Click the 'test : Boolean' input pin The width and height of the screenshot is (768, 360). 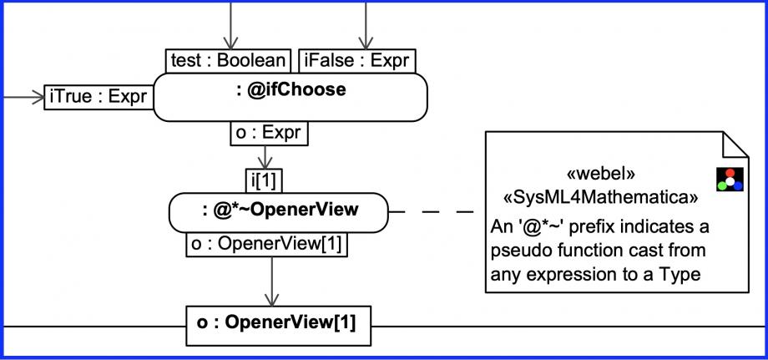(x=228, y=61)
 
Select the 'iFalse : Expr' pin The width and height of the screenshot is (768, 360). (x=357, y=61)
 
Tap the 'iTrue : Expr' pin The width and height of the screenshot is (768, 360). (x=99, y=97)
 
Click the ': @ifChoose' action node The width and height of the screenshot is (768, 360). (x=291, y=97)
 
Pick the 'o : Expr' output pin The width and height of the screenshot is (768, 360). (x=269, y=133)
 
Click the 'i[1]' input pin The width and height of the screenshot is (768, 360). (x=264, y=181)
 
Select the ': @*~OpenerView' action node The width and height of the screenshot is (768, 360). (x=278, y=212)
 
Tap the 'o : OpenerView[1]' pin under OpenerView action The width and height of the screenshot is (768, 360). (x=266, y=245)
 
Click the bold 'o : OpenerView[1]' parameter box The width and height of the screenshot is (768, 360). (x=278, y=326)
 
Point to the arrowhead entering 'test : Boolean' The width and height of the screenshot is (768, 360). (x=230, y=44)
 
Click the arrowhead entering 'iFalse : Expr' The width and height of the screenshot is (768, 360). (x=366, y=44)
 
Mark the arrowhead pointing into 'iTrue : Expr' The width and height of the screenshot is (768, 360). (x=38, y=97)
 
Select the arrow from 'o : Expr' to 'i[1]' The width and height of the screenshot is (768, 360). (x=265, y=157)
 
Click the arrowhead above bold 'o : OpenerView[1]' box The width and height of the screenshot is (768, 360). (x=271, y=300)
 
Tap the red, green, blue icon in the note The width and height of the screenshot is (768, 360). (x=730, y=180)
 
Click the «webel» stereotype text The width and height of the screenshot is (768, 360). (x=600, y=175)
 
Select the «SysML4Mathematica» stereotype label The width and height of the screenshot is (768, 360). (x=600, y=197)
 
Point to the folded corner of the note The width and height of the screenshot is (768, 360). (x=735, y=144)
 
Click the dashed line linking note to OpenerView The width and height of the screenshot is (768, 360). (x=431, y=212)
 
